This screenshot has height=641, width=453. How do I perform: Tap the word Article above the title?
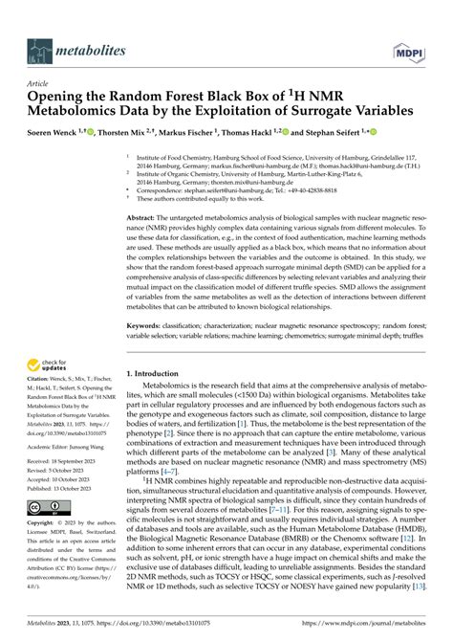[x=42, y=84]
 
